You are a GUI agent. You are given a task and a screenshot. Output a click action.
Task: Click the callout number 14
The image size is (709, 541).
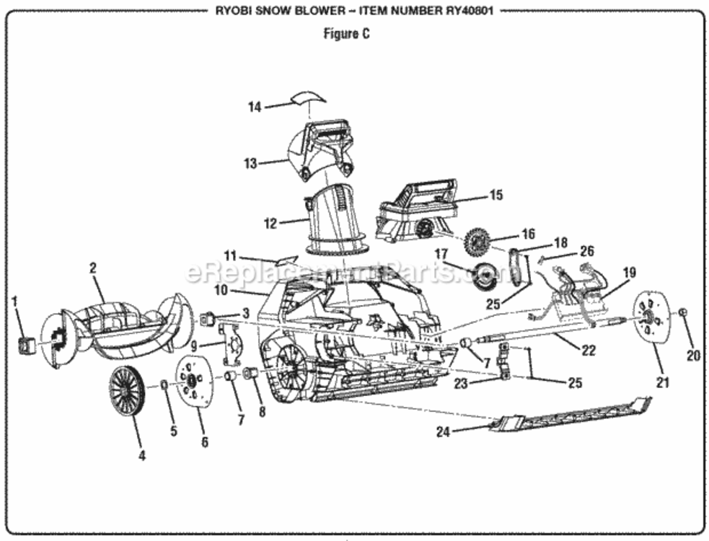coord(255,107)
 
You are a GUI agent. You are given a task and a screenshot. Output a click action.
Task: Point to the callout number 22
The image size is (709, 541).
coord(589,350)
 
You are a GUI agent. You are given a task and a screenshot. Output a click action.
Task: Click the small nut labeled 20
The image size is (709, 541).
coord(683,312)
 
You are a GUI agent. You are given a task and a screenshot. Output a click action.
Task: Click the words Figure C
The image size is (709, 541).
coord(346,34)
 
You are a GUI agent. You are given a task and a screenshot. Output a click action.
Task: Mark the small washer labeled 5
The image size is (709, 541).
coord(164,384)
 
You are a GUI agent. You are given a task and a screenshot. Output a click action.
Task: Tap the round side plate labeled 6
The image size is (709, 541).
coord(193,381)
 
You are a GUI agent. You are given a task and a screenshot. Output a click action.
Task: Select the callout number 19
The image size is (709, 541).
coord(629,273)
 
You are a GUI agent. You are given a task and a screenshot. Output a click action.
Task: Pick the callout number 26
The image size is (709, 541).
coord(586,251)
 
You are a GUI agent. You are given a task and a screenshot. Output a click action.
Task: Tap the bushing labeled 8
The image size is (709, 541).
coord(251,373)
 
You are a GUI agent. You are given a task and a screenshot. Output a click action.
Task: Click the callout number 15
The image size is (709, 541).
coord(496,195)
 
